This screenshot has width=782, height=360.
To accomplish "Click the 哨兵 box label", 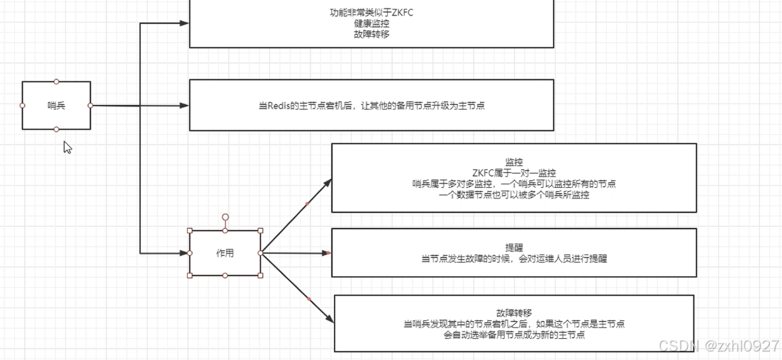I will [56, 106].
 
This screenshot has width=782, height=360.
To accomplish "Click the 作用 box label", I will [225, 253].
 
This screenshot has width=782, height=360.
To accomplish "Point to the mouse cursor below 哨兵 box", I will [67, 147].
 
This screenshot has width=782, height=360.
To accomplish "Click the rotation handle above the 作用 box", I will [225, 217].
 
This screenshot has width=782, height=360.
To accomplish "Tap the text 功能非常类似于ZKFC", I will [372, 13].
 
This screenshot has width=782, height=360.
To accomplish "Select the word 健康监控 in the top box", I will [372, 23].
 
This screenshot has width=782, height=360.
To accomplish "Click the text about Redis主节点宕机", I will [372, 106].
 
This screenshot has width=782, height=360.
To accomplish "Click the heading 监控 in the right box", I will [514, 162].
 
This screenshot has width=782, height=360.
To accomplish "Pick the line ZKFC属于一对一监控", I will [514, 173].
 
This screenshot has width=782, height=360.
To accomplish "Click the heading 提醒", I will [514, 248].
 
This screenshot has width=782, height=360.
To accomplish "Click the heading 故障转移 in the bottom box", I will [514, 313].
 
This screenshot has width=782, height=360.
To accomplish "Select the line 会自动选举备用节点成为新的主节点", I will [514, 335].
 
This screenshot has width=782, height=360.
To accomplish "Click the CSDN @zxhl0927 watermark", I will [718, 346].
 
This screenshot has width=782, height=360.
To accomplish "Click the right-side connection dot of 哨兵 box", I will [90, 106].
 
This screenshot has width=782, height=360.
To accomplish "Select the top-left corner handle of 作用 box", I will [190, 230].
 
